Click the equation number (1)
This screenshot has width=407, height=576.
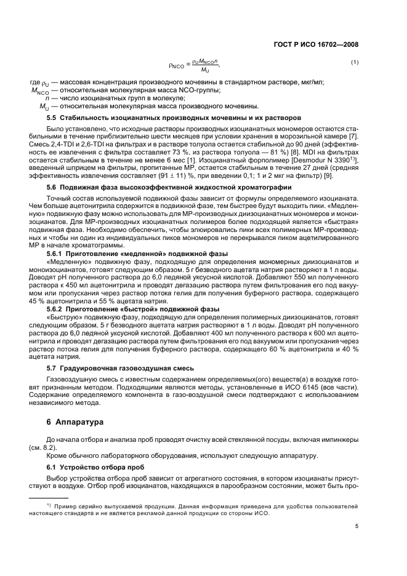(355, 63)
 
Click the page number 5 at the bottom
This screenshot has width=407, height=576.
(357, 526)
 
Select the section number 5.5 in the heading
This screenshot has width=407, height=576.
(54, 117)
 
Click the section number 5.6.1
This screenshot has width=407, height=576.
(57, 254)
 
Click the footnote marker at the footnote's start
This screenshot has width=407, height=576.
(39, 504)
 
